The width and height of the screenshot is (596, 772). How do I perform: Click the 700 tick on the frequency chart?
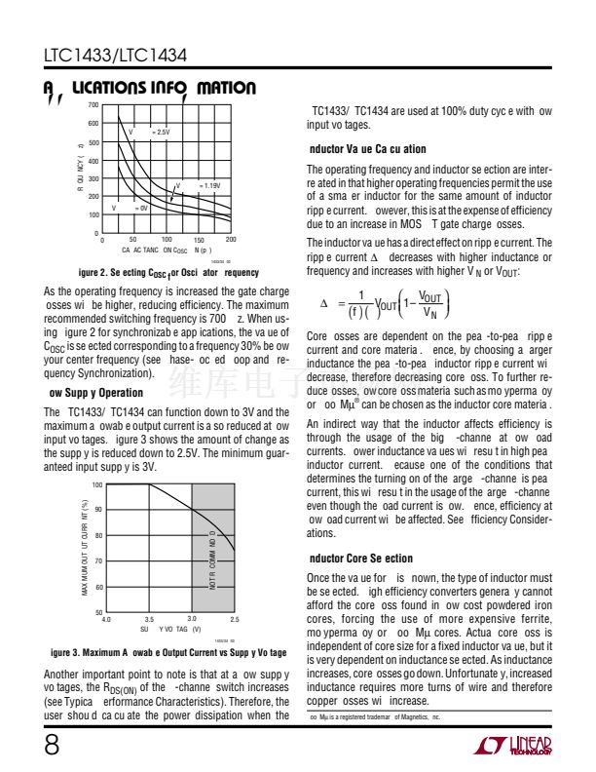(x=92, y=105)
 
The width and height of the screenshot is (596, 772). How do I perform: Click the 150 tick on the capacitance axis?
(x=199, y=240)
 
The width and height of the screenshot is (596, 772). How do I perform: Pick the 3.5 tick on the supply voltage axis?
(x=149, y=619)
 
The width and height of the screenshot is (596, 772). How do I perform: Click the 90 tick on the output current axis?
(x=97, y=510)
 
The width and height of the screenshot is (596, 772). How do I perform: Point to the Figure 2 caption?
(x=168, y=273)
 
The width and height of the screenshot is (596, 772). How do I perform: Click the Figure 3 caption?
(x=168, y=652)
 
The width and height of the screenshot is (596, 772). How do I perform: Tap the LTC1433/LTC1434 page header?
(x=116, y=58)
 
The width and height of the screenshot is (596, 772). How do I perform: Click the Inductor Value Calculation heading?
(x=366, y=149)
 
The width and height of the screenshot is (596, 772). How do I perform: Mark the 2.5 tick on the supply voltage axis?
(x=235, y=619)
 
